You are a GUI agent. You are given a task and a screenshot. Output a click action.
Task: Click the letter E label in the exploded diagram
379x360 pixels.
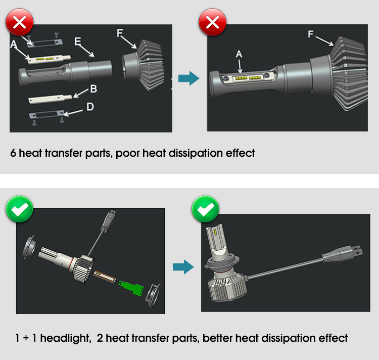[x=77, y=41]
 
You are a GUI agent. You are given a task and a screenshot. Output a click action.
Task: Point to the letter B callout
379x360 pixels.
[x=93, y=89]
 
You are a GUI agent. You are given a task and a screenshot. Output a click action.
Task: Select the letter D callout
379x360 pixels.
[x=90, y=107]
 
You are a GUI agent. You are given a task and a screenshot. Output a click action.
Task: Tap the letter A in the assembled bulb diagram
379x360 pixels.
[x=239, y=54]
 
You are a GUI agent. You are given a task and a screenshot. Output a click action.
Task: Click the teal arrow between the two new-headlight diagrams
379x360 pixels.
[x=183, y=267]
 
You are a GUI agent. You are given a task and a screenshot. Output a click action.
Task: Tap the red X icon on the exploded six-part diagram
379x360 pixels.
[x=19, y=23]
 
